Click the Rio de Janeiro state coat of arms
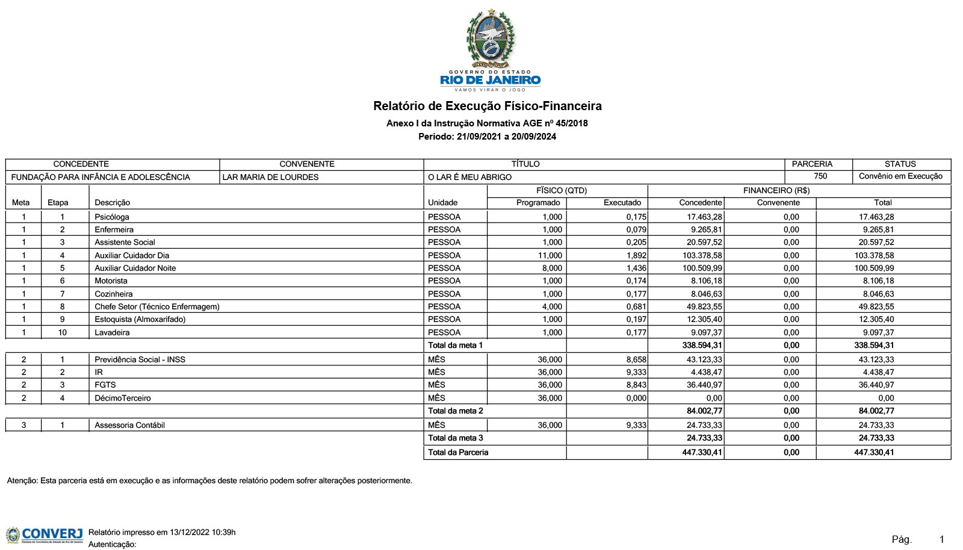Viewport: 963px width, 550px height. pyautogui.click(x=491, y=39)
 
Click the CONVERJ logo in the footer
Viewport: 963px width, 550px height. pyautogui.click(x=45, y=534)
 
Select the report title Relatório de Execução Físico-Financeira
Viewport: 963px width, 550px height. pyautogui.click(x=487, y=107)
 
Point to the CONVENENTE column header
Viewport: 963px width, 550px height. pyautogui.click(x=307, y=164)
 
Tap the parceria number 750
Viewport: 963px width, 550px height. pyautogui.click(x=820, y=176)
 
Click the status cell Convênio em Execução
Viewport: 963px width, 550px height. pyautogui.click(x=900, y=176)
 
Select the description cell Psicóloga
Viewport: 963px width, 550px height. pyautogui.click(x=112, y=217)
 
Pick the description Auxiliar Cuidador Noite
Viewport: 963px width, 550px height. pyautogui.click(x=135, y=268)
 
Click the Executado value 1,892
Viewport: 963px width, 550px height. pyautogui.click(x=636, y=256)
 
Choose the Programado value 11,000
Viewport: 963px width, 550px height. pyautogui.click(x=550, y=256)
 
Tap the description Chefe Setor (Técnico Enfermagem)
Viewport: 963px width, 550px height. pyautogui.click(x=157, y=307)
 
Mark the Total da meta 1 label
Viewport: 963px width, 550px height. pyautogui.click(x=456, y=345)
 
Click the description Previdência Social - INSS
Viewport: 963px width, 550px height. pyautogui.click(x=140, y=360)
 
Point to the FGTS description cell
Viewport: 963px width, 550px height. pyautogui.click(x=105, y=385)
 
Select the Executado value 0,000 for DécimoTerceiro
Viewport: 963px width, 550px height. pyautogui.click(x=636, y=398)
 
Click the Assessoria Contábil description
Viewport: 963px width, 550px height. pyautogui.click(x=129, y=425)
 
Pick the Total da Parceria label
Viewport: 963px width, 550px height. pyautogui.click(x=458, y=453)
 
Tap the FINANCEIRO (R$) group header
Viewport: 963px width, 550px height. pyautogui.click(x=776, y=191)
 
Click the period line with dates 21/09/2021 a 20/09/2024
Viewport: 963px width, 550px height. pyautogui.click(x=487, y=137)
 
